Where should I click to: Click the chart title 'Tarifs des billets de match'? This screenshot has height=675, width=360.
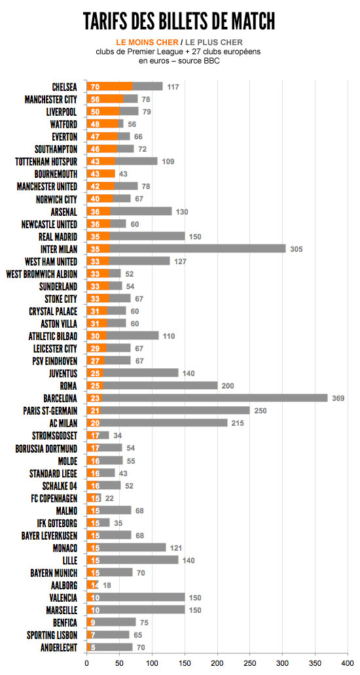(x=179, y=20)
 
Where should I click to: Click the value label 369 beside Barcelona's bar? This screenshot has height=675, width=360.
(x=338, y=398)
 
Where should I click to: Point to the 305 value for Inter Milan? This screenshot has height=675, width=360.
(x=296, y=249)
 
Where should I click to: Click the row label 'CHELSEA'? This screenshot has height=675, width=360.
(x=65, y=86)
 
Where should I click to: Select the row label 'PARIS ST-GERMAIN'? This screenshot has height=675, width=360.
(x=50, y=411)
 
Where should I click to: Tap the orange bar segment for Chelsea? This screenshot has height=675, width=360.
(x=110, y=86)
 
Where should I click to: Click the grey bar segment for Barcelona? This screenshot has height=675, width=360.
(x=215, y=398)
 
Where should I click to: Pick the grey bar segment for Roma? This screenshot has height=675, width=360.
(x=160, y=386)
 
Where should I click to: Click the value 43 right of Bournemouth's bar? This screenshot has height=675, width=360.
(x=124, y=174)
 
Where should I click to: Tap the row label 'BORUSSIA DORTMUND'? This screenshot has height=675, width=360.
(x=46, y=448)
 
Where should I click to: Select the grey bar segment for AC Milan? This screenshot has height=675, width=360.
(x=164, y=423)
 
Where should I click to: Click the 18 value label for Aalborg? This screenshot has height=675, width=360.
(x=107, y=585)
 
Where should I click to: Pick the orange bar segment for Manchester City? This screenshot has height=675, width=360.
(x=105, y=99)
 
